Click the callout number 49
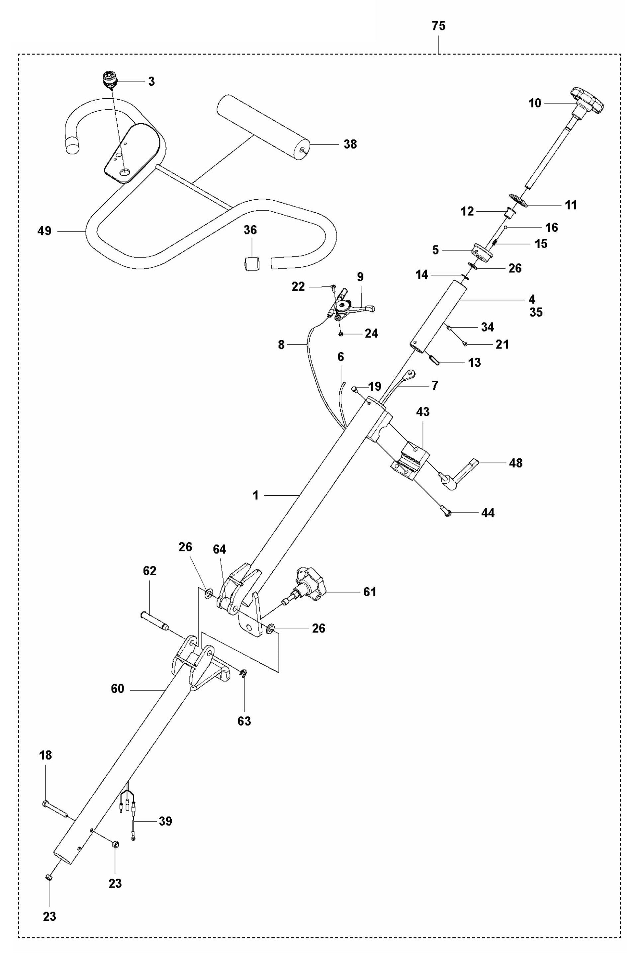[x=45, y=231]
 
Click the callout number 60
[x=117, y=689]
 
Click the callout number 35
[x=536, y=313]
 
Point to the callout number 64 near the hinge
[x=219, y=549]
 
